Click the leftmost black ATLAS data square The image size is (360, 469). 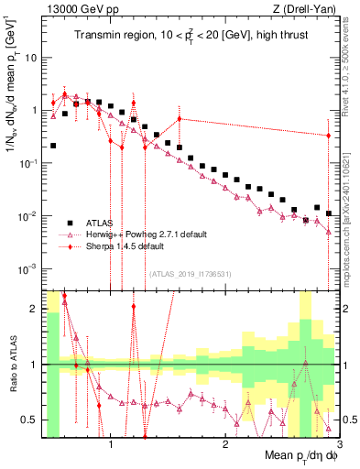(x=53, y=145)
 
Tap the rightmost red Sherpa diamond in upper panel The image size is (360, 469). (x=328, y=136)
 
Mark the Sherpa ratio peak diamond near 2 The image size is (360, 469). (x=134, y=307)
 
